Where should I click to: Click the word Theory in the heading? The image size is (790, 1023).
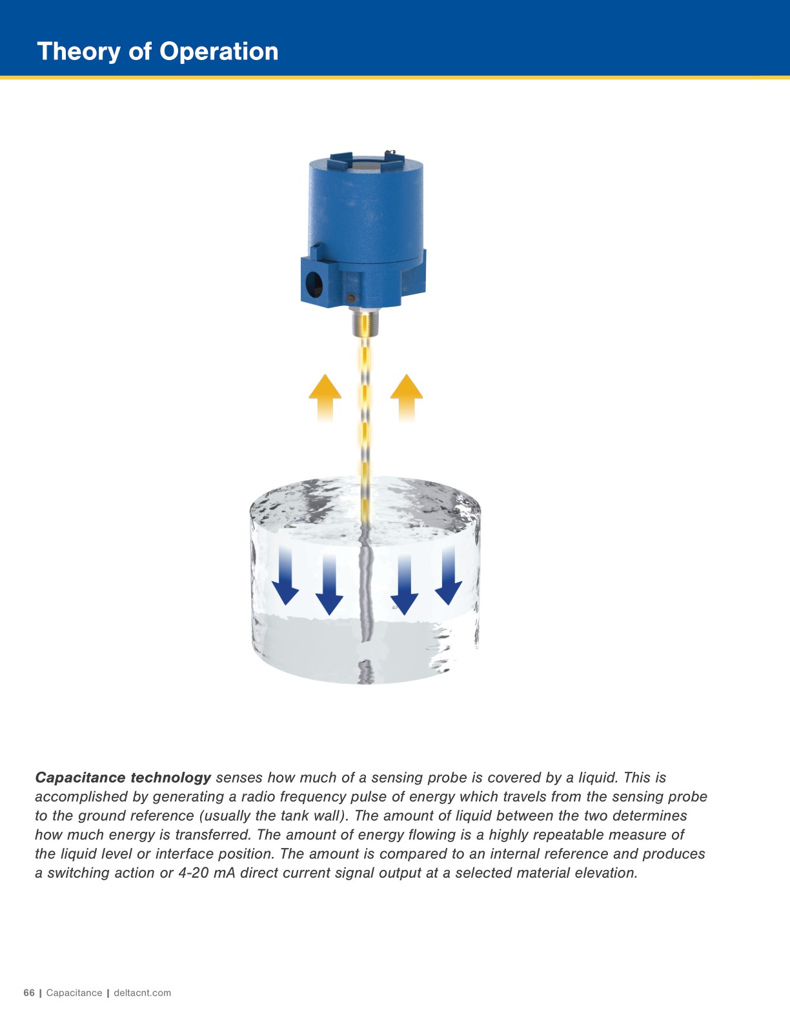click(x=79, y=52)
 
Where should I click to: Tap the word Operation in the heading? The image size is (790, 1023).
click(x=219, y=52)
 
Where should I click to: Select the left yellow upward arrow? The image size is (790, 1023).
click(x=325, y=398)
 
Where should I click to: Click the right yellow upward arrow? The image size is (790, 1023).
click(x=407, y=398)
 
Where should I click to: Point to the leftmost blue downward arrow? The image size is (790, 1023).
click(x=285, y=575)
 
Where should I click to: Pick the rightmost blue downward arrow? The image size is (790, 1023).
click(x=449, y=575)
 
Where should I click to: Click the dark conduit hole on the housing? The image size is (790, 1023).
click(x=314, y=284)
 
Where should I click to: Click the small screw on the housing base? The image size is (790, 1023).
click(x=350, y=298)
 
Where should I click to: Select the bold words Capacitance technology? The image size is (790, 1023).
click(x=123, y=777)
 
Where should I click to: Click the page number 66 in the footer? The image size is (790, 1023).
click(x=29, y=993)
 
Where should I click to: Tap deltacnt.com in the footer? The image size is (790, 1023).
click(x=143, y=993)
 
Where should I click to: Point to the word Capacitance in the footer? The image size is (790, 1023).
click(x=74, y=993)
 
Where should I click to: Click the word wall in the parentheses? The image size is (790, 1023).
click(x=329, y=816)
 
